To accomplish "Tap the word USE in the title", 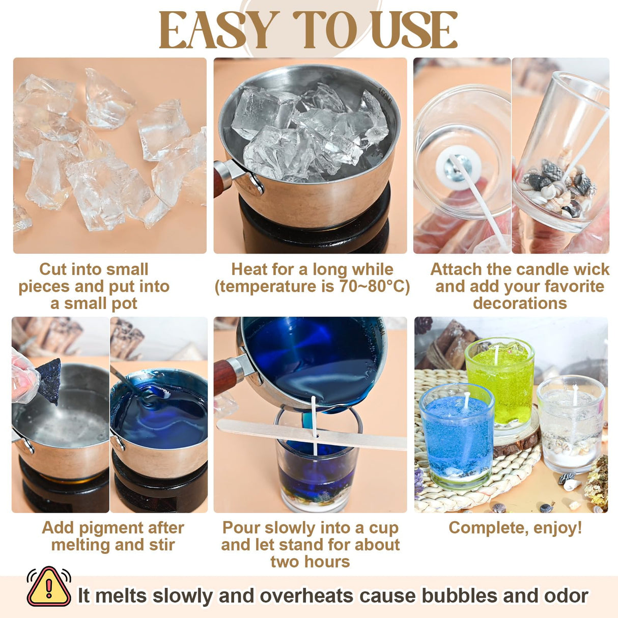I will (x=414, y=31).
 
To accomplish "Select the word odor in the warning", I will (x=567, y=596).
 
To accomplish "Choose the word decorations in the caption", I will (x=520, y=303).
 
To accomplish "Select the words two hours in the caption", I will (x=310, y=562).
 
